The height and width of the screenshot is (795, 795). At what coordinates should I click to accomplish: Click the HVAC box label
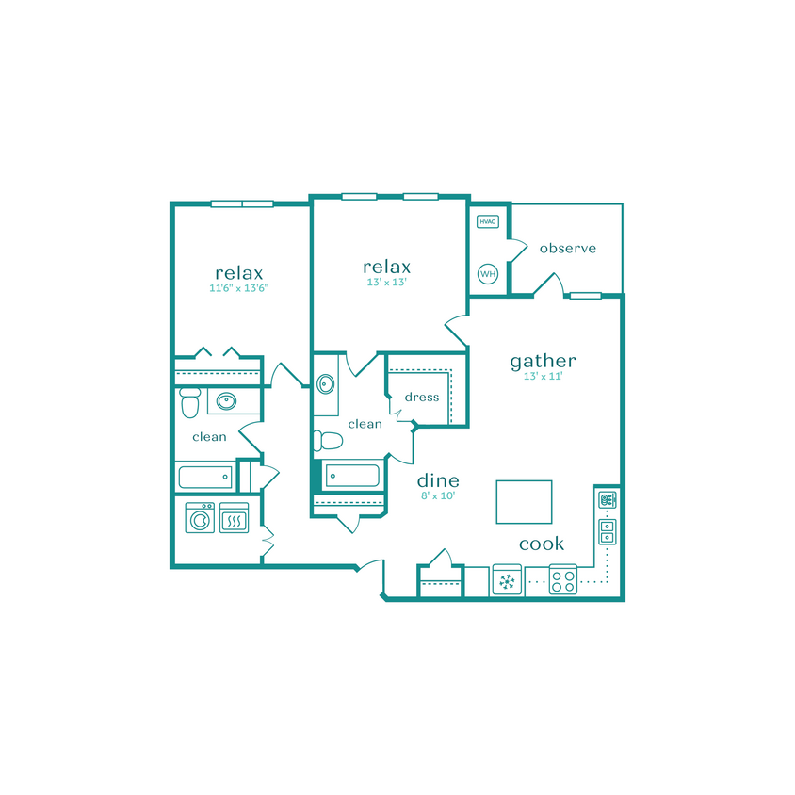(x=487, y=222)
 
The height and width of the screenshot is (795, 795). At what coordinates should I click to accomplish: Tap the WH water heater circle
(x=488, y=274)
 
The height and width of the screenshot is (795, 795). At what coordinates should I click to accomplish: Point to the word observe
(x=568, y=249)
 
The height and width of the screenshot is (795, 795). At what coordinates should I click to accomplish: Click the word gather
(x=543, y=361)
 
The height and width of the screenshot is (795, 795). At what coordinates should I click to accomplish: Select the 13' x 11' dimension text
(x=543, y=377)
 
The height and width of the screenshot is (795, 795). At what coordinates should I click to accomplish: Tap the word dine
(x=438, y=480)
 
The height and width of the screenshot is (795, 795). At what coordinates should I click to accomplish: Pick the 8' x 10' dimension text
(x=438, y=495)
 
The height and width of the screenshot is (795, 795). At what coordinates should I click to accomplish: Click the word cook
(x=542, y=544)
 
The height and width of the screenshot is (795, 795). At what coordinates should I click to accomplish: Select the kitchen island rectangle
(x=524, y=501)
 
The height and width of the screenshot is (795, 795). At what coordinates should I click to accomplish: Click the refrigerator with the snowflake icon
(x=507, y=581)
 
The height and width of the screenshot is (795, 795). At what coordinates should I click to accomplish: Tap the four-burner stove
(x=563, y=580)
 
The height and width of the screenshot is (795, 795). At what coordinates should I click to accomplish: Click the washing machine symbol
(x=200, y=518)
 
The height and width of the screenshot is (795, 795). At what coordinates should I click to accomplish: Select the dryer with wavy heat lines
(x=234, y=518)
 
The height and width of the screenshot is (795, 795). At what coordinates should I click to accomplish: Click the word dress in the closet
(x=422, y=397)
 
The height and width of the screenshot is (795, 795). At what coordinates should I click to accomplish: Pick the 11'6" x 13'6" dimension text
(x=239, y=289)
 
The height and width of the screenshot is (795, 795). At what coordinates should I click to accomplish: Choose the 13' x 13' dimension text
(x=387, y=282)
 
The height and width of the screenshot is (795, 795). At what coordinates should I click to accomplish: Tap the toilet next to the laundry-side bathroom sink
(x=189, y=404)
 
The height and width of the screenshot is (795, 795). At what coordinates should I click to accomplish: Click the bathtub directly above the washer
(x=204, y=477)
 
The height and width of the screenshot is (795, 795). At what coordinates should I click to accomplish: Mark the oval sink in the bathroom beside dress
(x=326, y=384)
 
